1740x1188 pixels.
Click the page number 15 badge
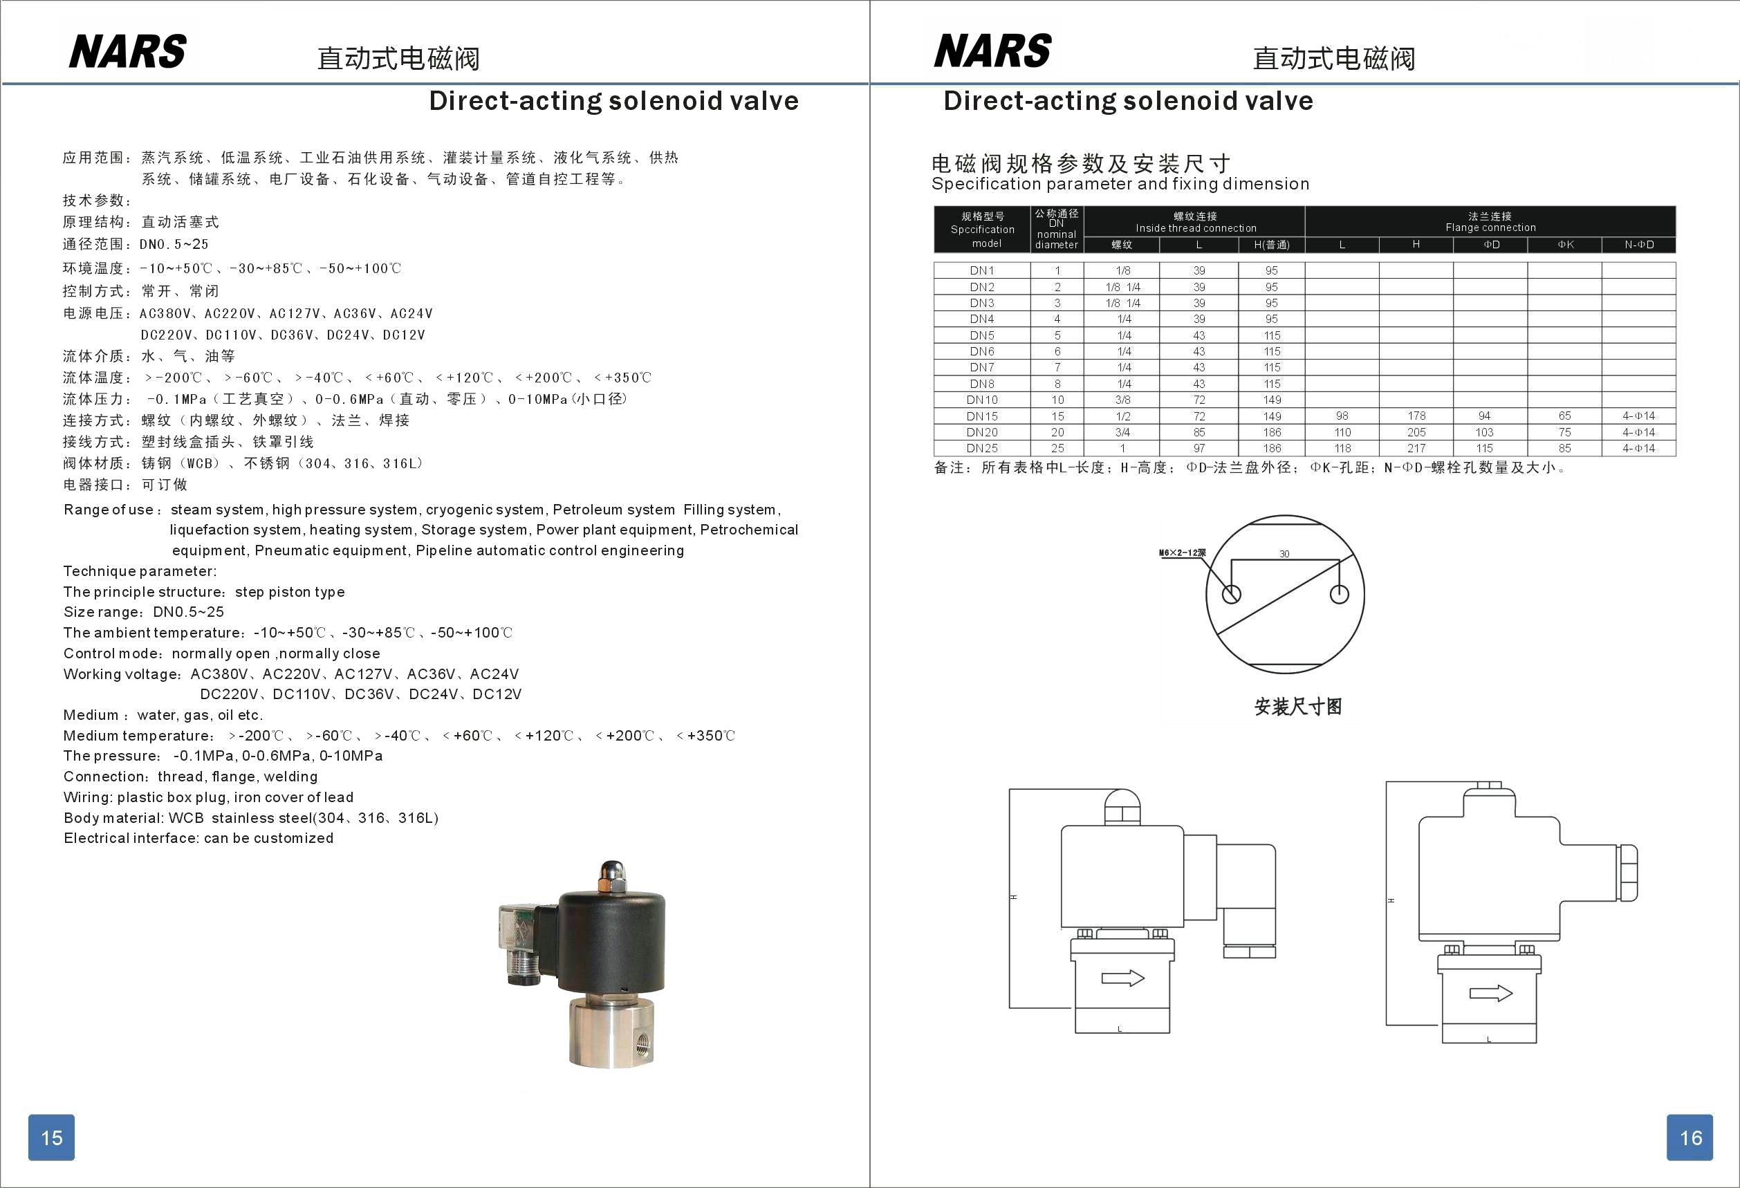[x=51, y=1137]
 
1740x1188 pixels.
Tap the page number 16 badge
[x=1690, y=1137]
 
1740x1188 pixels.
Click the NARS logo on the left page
[x=127, y=52]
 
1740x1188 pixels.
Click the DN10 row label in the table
[x=981, y=400]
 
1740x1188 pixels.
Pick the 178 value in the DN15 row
[x=1416, y=416]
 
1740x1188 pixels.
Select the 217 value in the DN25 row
[x=1416, y=448]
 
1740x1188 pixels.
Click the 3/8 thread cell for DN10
[x=1122, y=400]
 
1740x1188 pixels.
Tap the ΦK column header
[x=1565, y=245]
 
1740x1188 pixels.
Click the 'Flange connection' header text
[x=1490, y=228]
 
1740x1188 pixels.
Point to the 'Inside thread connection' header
[x=1196, y=228]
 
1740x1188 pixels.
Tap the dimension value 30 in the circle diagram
[x=1284, y=554]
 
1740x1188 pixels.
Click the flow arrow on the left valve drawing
[x=1122, y=978]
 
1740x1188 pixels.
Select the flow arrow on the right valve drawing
[x=1490, y=994]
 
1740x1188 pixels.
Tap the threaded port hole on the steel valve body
[x=642, y=1041]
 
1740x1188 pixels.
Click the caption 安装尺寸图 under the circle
[x=1297, y=707]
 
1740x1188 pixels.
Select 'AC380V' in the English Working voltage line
[x=219, y=674]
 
